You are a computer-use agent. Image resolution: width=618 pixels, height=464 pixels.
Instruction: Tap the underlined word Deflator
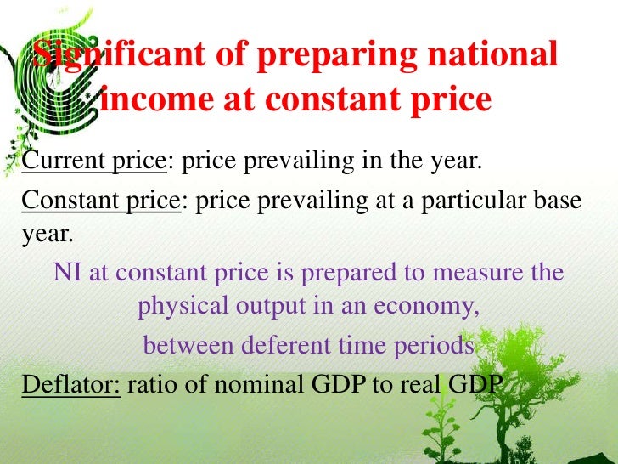[x=72, y=384]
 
